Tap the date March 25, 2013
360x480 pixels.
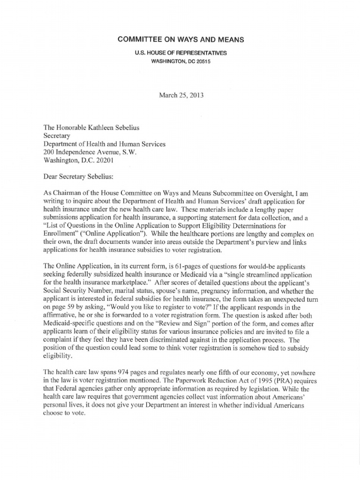(x=180, y=95)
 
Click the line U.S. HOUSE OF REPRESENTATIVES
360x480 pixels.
(x=180, y=53)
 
